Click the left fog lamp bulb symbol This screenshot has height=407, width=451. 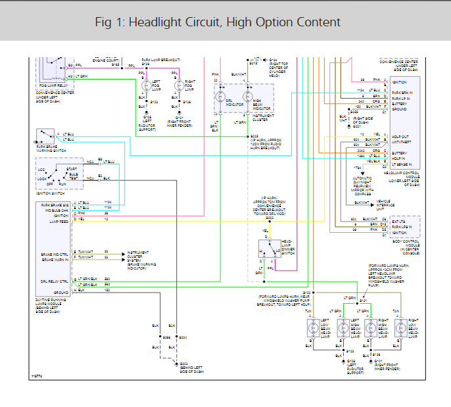click(145, 85)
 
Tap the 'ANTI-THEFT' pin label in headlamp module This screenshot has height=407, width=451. click(402, 141)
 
